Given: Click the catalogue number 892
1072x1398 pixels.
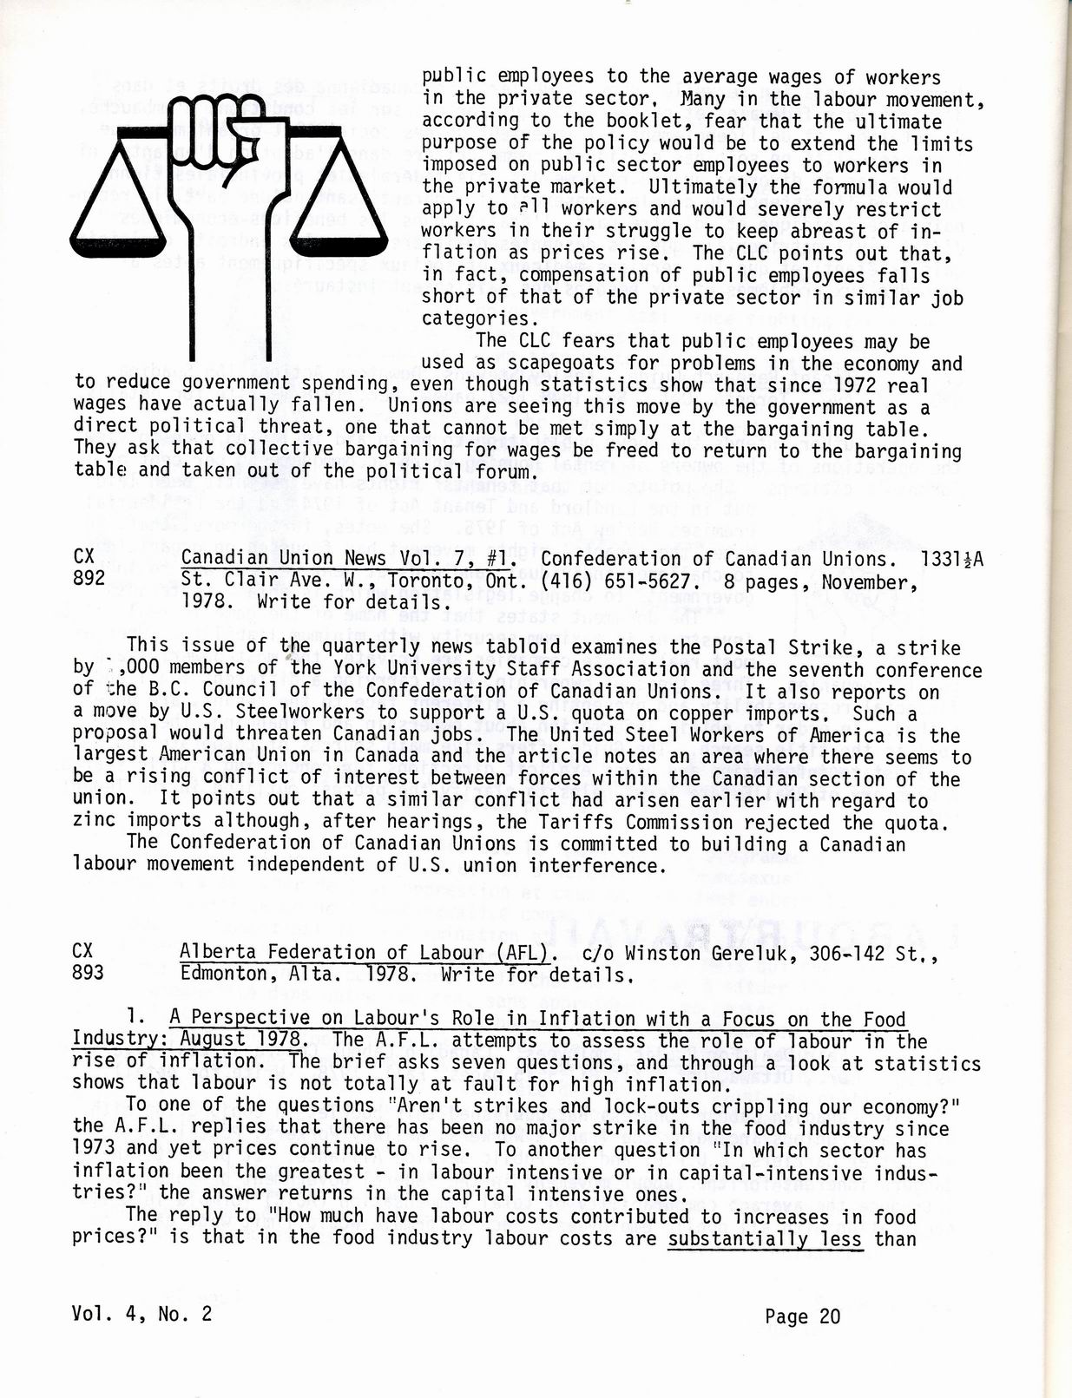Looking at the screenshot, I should pyautogui.click(x=89, y=579).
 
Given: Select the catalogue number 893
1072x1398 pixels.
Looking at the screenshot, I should pyautogui.click(x=89, y=973).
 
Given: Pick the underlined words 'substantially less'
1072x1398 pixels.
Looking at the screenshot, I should pyautogui.click(x=766, y=1238).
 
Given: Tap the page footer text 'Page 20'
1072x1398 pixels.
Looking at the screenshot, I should pyautogui.click(x=803, y=1316).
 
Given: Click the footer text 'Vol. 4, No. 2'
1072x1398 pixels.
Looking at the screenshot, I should pyautogui.click(x=142, y=1314).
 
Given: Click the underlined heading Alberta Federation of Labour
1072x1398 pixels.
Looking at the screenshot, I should pyautogui.click(x=364, y=952).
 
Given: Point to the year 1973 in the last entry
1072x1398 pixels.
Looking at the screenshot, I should pyautogui.click(x=94, y=1151).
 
